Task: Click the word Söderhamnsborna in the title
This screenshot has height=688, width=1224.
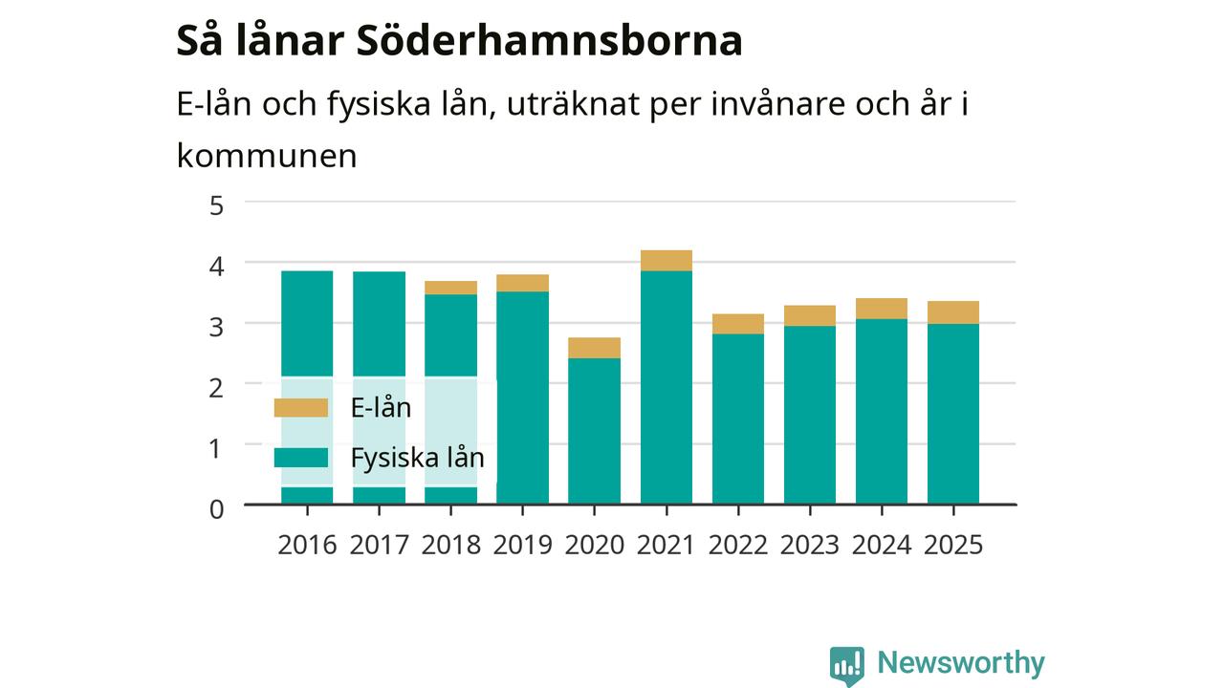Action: pyautogui.click(x=549, y=41)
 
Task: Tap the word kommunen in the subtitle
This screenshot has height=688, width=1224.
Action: pyautogui.click(x=267, y=156)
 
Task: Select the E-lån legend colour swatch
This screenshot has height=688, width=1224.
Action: pyautogui.click(x=301, y=408)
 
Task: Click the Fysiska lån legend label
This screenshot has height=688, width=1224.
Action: pyautogui.click(x=418, y=458)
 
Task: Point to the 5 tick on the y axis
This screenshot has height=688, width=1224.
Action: pyautogui.click(x=216, y=205)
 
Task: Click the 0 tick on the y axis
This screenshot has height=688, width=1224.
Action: pyautogui.click(x=216, y=509)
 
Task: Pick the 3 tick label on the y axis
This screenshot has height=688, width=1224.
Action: pyautogui.click(x=216, y=327)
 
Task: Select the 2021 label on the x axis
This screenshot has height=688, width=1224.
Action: pyautogui.click(x=666, y=545)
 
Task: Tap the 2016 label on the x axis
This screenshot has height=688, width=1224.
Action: pyautogui.click(x=307, y=545)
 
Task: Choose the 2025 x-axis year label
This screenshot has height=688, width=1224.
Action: pyautogui.click(x=953, y=545)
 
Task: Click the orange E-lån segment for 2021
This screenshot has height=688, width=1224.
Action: pyautogui.click(x=667, y=261)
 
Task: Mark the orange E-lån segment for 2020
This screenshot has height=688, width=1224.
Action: pyautogui.click(x=594, y=348)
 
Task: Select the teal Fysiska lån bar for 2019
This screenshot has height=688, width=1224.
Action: pyautogui.click(x=522, y=398)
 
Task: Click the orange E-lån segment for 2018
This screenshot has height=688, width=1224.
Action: pyautogui.click(x=450, y=288)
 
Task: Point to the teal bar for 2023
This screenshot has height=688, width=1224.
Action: pyautogui.click(x=810, y=415)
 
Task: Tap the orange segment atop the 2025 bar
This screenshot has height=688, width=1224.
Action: pyautogui.click(x=953, y=312)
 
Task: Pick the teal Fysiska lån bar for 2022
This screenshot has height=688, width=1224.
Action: pyautogui.click(x=738, y=419)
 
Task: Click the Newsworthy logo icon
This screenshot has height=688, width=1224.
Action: pyautogui.click(x=847, y=666)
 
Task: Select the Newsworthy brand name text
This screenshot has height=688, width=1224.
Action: pyautogui.click(x=961, y=662)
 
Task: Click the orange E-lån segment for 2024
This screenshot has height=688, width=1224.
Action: pyautogui.click(x=882, y=309)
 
